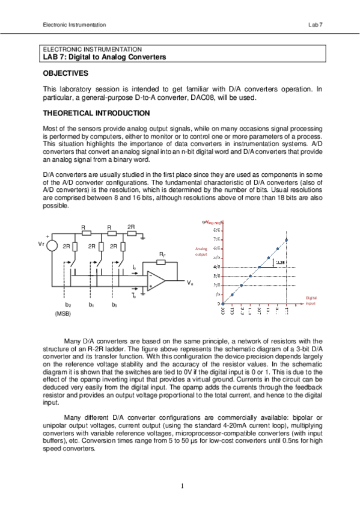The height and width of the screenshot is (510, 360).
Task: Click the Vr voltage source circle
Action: pyautogui.click(x=52, y=247)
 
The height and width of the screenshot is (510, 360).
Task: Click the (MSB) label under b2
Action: pyautogui.click(x=63, y=314)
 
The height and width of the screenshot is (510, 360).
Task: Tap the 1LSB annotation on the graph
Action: pyautogui.click(x=279, y=262)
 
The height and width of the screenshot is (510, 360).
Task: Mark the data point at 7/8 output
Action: pyautogui.click(x=287, y=239)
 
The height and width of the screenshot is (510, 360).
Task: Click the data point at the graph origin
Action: pyautogui.click(x=223, y=303)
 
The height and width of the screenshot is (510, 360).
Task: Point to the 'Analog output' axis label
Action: pyautogui.click(x=201, y=251)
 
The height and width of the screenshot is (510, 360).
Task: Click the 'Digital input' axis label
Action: pyautogui.click(x=311, y=300)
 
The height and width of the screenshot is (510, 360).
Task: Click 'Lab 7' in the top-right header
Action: pyautogui.click(x=316, y=25)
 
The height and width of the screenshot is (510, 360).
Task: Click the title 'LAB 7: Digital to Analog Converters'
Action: pyautogui.click(x=103, y=57)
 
